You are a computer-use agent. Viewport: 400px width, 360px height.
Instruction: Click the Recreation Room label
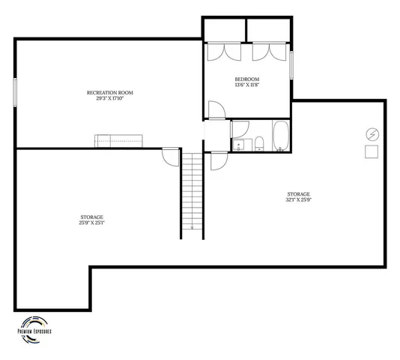109,92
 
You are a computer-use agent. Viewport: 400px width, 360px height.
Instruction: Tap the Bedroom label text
246,79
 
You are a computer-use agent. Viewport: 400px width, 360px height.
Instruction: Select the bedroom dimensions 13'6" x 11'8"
246,85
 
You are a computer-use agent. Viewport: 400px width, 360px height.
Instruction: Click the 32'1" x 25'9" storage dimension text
297,199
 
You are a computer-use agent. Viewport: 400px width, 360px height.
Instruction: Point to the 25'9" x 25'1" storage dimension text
91,222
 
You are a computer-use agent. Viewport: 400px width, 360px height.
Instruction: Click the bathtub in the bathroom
281,137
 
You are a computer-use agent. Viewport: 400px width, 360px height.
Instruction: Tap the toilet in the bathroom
258,142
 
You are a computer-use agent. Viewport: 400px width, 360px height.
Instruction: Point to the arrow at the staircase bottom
193,227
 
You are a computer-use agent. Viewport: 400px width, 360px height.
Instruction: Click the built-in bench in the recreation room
118,140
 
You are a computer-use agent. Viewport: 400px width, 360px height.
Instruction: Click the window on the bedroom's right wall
291,64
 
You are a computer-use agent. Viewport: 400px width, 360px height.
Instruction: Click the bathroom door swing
219,159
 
